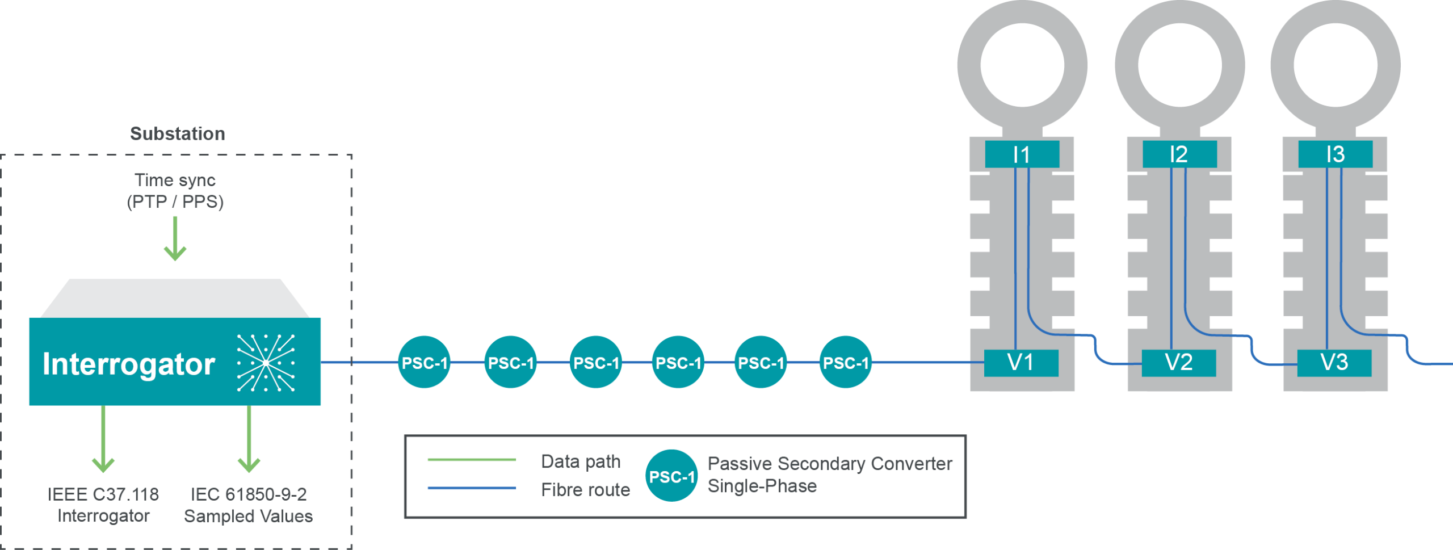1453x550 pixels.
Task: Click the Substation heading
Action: coord(177,134)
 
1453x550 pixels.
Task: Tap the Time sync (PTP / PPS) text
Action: coord(175,191)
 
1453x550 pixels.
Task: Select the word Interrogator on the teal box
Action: coord(129,364)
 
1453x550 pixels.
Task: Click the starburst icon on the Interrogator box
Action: coord(266,363)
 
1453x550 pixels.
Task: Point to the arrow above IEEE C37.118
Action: coord(103,440)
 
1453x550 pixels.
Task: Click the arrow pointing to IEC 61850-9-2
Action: coord(249,440)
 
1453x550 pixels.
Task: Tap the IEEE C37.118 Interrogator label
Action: coord(103,505)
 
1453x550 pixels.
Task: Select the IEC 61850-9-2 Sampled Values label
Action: coord(248,505)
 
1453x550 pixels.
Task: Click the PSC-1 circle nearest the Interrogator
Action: coord(425,363)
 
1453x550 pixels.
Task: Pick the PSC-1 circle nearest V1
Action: coord(846,363)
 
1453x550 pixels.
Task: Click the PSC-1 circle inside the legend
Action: coord(671,476)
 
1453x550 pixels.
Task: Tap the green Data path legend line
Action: coord(472,460)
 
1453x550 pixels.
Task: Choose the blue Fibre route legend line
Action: coord(472,488)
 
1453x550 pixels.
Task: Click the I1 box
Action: coord(1022,154)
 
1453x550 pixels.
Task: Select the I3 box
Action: coord(1336,154)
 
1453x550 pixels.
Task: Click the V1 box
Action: coord(1021,363)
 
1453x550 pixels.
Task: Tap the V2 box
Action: coord(1178,363)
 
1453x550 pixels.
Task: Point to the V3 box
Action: coord(1334,363)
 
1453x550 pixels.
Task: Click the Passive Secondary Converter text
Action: coord(830,464)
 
